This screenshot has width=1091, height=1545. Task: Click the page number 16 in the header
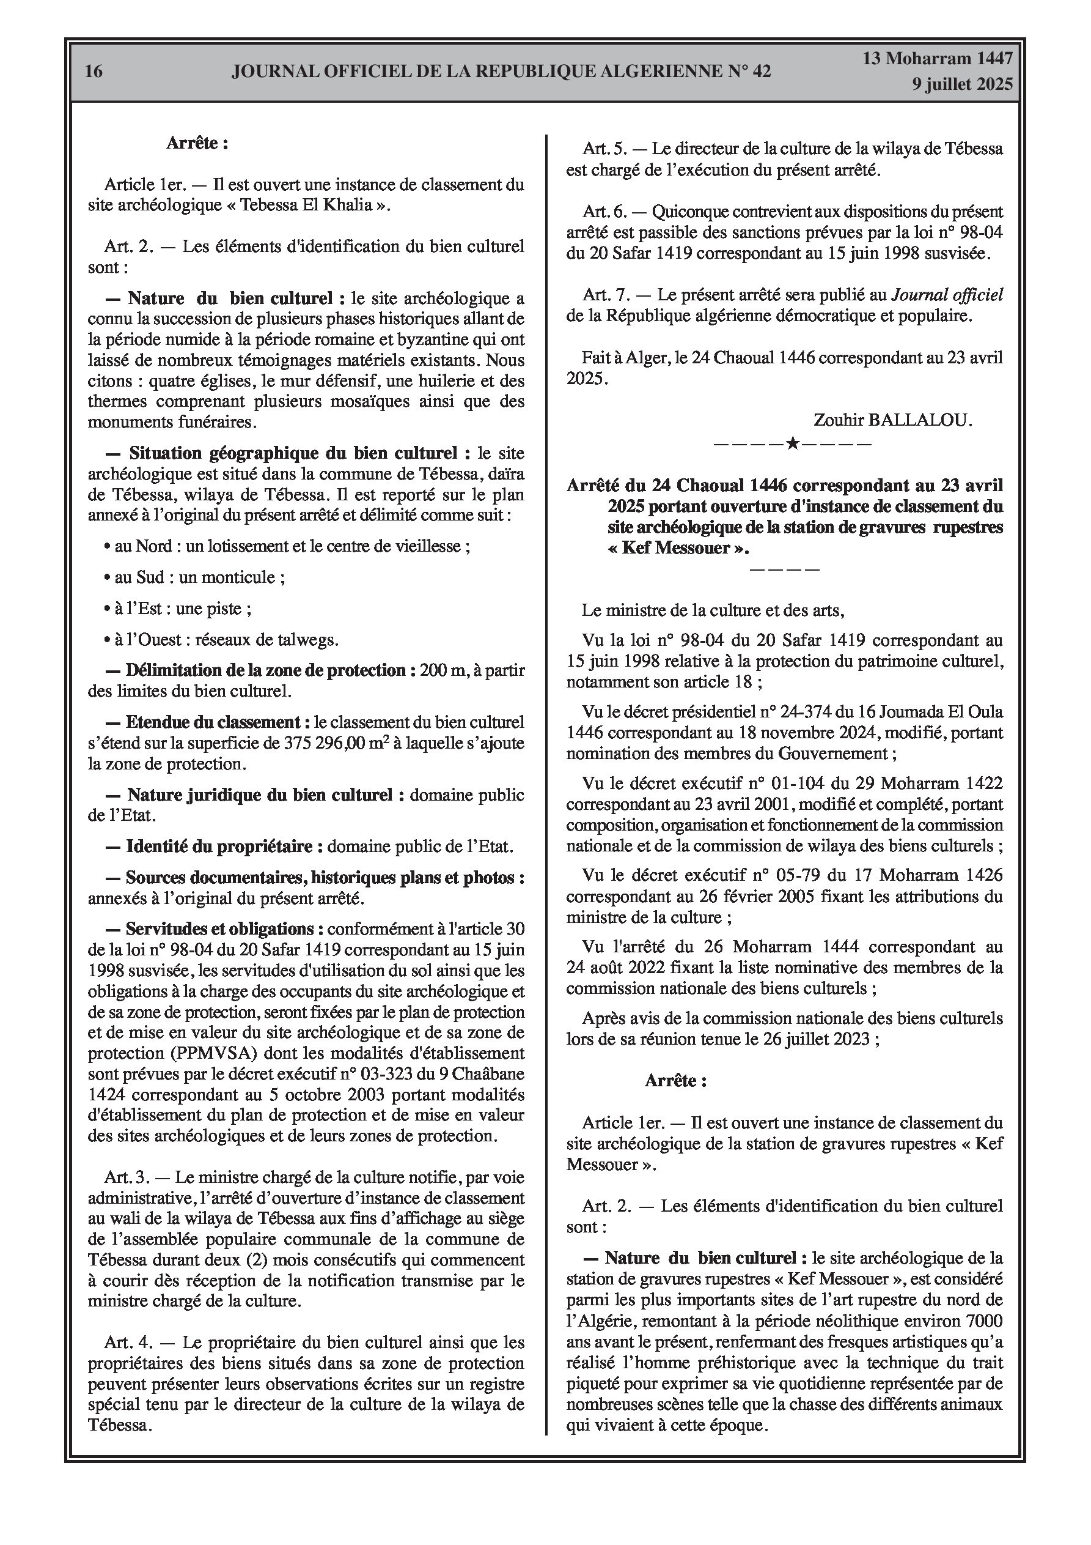pos(94,71)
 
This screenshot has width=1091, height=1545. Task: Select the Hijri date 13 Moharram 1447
pos(938,59)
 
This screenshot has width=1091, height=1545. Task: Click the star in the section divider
pos(792,443)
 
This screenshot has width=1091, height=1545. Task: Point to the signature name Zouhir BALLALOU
pos(892,421)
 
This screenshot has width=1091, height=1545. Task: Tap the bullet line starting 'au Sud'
pos(194,577)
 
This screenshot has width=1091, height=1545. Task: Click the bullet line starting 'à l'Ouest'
pos(221,639)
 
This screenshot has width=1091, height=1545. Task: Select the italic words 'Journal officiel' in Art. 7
pos(947,295)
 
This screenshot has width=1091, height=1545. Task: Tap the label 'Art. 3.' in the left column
pos(127,1177)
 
